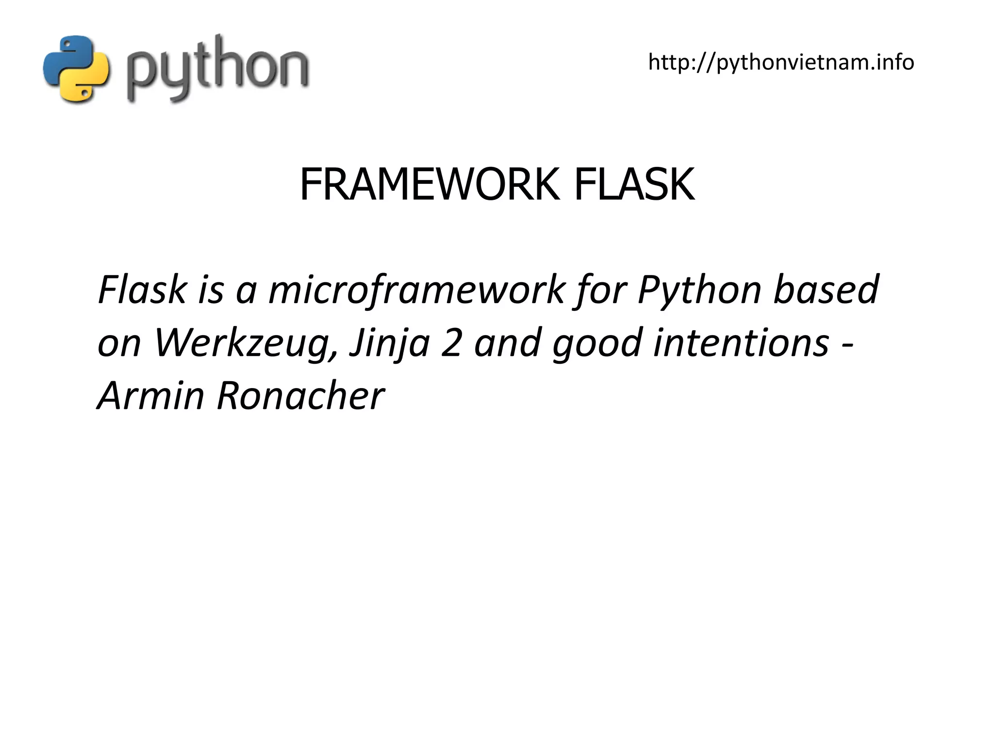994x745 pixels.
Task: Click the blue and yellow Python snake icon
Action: (76, 68)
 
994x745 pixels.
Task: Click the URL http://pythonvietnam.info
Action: (781, 62)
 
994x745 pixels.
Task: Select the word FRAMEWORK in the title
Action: (429, 184)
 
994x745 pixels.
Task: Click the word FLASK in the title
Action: (634, 184)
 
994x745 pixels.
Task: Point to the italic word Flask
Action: (142, 290)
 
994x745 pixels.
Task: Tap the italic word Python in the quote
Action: (699, 290)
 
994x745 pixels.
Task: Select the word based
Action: (826, 290)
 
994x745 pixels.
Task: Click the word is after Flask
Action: (211, 290)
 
